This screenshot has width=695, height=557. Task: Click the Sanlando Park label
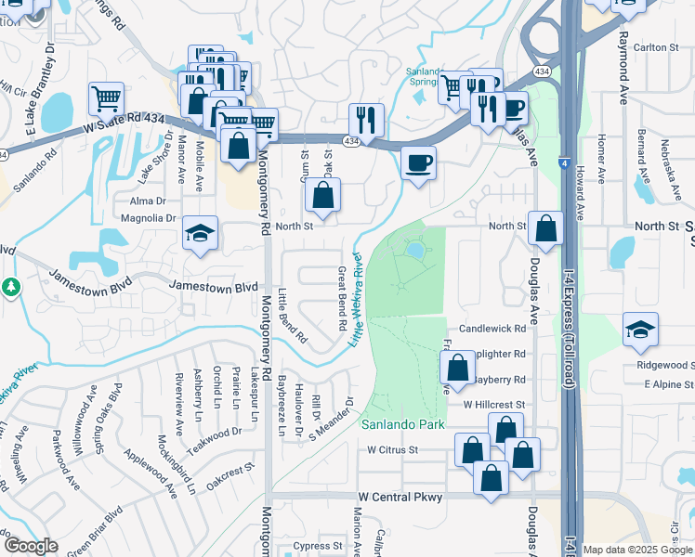pos(403,424)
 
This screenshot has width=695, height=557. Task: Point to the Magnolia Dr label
pos(149,218)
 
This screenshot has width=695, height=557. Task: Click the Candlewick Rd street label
pos(492,330)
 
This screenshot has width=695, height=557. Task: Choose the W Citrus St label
pos(394,450)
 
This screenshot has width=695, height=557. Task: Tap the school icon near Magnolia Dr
pos(199,234)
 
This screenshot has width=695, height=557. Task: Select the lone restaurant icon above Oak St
pos(366,119)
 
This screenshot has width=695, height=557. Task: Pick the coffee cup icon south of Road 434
pos(419,163)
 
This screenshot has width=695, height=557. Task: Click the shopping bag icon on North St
pos(545,227)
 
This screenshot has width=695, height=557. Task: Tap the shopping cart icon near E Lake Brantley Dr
pos(107,97)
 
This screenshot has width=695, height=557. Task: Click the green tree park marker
pos(10,288)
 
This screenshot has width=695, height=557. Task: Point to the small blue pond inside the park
pos(413,250)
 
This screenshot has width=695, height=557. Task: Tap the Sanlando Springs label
pos(428,75)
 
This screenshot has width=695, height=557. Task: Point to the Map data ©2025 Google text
pos(637,551)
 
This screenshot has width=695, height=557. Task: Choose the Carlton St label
pos(649,47)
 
